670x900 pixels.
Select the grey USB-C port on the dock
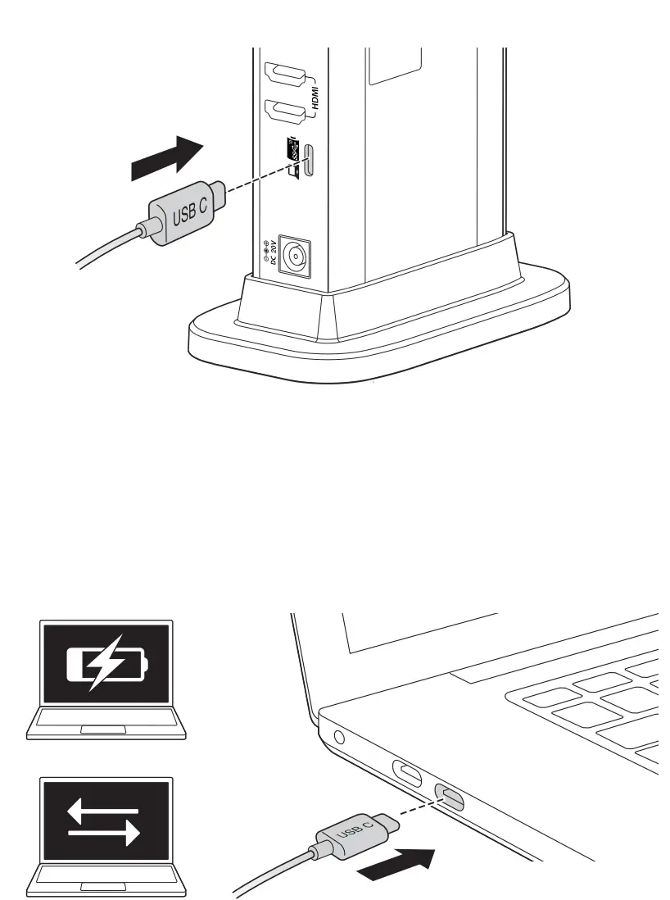308,161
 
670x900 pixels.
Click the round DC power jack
292,257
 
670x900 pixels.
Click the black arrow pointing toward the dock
166,158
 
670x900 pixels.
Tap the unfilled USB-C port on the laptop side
408,772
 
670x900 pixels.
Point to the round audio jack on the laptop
340,736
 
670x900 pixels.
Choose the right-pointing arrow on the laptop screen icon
106,834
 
